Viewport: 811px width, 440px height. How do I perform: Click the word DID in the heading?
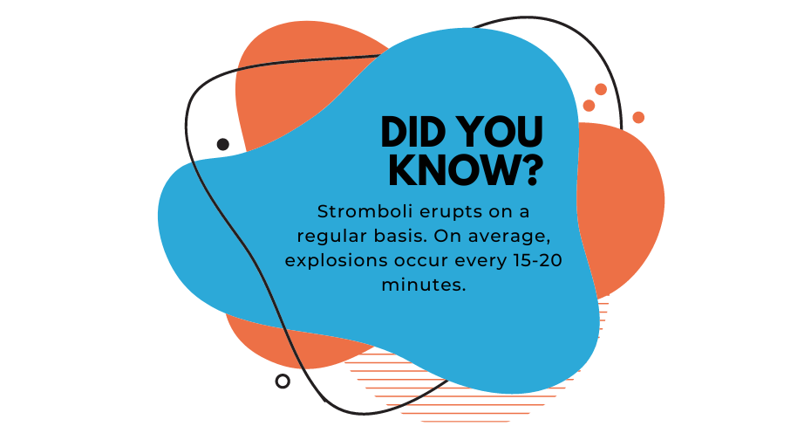[x=412, y=132]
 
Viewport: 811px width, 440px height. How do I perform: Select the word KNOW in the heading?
[x=451, y=169]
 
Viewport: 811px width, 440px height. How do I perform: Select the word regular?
[x=331, y=237]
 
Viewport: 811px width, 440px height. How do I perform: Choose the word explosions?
[x=337, y=261]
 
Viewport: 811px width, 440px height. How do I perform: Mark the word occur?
[x=421, y=260]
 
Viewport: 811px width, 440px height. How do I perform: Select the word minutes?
[x=424, y=285]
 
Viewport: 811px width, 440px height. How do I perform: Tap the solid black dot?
[x=223, y=144]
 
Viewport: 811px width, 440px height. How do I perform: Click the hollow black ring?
[x=283, y=382]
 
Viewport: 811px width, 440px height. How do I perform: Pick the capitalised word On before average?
[x=448, y=236]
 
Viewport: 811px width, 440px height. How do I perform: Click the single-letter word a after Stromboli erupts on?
[x=524, y=212]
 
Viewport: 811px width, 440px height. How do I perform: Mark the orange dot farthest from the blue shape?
[x=638, y=118]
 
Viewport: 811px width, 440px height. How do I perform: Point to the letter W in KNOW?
[x=492, y=169]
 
